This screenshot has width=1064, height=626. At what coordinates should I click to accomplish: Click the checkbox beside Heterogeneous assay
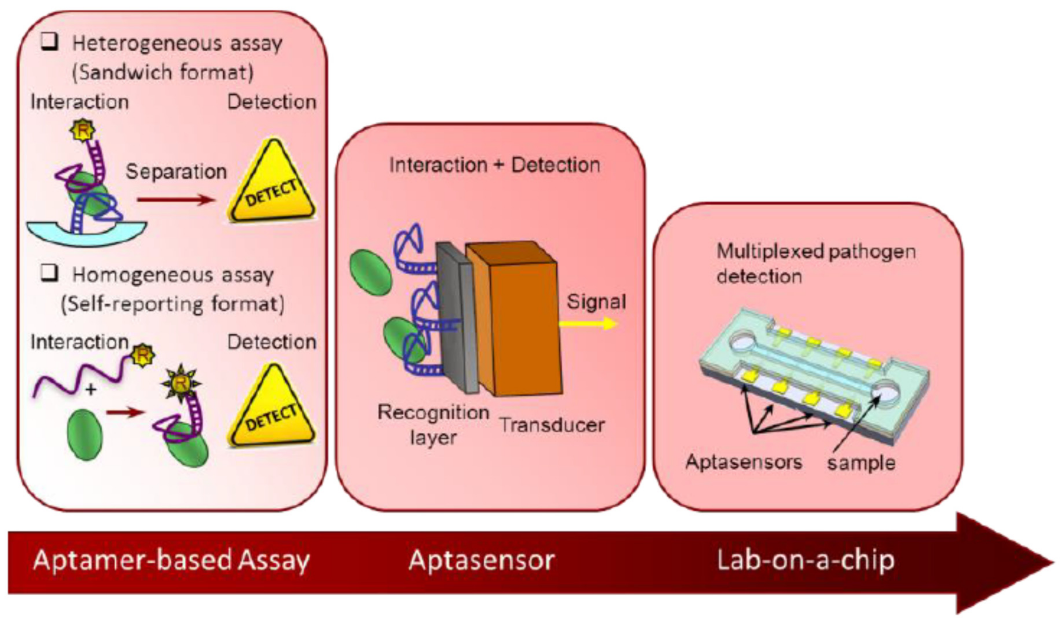(x=50, y=43)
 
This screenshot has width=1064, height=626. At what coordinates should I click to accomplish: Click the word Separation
(x=176, y=172)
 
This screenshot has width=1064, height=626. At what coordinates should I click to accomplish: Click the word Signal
(x=596, y=302)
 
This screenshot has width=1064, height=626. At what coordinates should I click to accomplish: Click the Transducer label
(x=552, y=425)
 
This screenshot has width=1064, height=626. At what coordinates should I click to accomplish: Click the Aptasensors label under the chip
(x=744, y=462)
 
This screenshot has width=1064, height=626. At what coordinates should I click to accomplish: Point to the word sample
(x=861, y=463)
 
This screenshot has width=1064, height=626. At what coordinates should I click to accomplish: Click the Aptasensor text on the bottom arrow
(x=481, y=561)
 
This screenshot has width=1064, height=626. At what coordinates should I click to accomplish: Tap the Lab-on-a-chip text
(x=806, y=561)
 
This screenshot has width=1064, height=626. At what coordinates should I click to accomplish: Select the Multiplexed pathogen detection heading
(x=816, y=264)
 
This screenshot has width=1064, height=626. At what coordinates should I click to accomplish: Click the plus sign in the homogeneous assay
(x=90, y=389)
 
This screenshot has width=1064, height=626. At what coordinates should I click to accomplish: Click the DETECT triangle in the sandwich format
(x=272, y=186)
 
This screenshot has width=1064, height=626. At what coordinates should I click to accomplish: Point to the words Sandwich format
(x=163, y=73)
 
